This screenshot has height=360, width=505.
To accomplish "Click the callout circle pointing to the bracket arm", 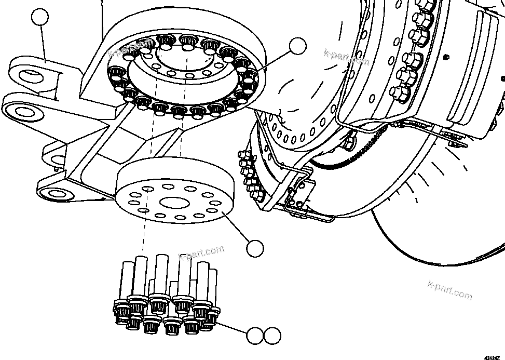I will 40,18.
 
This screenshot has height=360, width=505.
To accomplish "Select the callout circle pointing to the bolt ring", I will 298,46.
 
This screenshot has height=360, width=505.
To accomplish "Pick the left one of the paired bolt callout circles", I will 254,336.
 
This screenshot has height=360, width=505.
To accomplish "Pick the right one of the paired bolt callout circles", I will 271,336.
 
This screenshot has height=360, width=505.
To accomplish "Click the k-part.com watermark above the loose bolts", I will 201,253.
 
